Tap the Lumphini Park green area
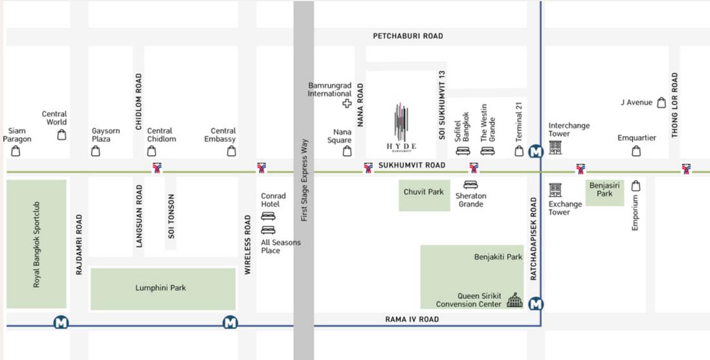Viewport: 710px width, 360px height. point(163,288)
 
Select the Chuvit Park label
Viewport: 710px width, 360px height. point(423,192)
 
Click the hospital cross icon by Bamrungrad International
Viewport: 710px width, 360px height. point(347,104)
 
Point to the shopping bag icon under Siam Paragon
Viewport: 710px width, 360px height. point(16,151)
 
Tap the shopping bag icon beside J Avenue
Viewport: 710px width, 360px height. point(661,103)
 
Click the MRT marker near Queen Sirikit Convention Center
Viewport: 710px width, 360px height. point(535,304)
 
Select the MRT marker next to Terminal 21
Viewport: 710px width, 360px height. point(535,152)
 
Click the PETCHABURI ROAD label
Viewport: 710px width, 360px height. point(408,36)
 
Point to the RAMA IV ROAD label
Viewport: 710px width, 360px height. point(411,319)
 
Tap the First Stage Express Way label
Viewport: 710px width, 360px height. point(305,181)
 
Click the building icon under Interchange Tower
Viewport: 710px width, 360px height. point(555,148)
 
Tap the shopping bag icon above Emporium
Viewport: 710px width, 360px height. point(636,185)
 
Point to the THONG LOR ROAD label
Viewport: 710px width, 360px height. point(675,105)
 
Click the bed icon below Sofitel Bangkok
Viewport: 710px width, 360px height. point(463,152)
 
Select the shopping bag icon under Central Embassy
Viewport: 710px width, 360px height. point(232,151)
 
